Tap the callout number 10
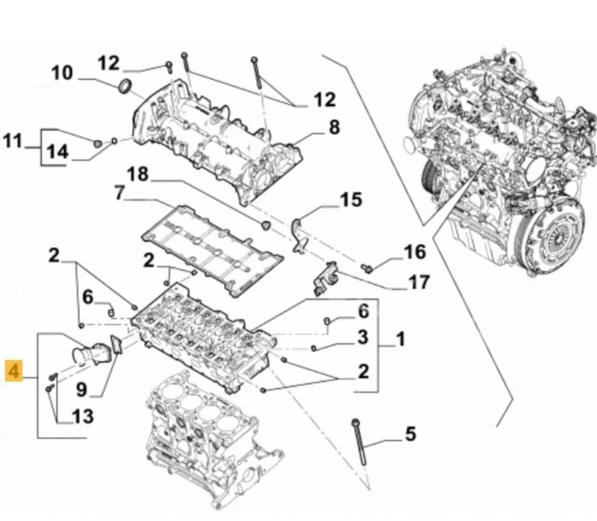pyautogui.click(x=62, y=73)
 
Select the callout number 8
pyautogui.click(x=334, y=126)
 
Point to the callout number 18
pyautogui.click(x=137, y=175)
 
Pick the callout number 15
pyautogui.click(x=351, y=199)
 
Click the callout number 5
pyautogui.click(x=409, y=432)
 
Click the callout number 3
pyautogui.click(x=362, y=337)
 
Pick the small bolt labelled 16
pyautogui.click(x=367, y=266)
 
